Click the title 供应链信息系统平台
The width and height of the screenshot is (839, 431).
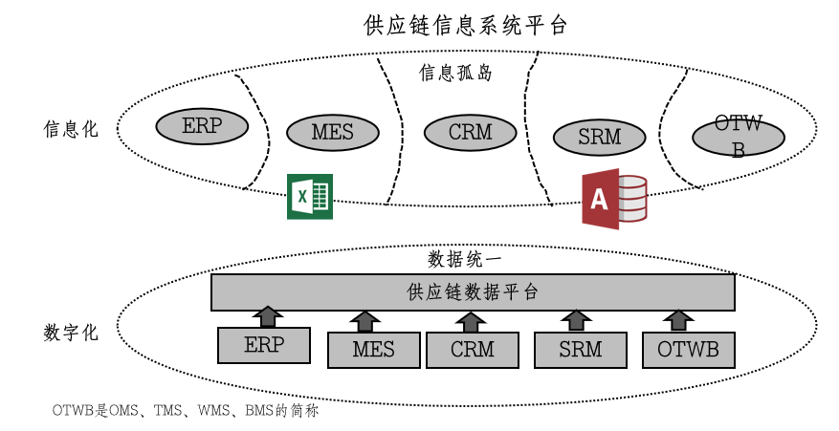(x=466, y=24)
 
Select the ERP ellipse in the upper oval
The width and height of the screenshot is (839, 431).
(x=202, y=126)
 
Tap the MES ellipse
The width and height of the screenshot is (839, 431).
(x=332, y=132)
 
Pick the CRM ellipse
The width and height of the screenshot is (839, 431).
(x=470, y=132)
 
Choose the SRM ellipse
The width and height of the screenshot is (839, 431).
(x=599, y=137)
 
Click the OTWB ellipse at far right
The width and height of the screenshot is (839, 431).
(x=739, y=138)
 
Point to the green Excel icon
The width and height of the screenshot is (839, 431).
(x=310, y=197)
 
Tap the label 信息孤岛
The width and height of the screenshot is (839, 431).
(x=456, y=73)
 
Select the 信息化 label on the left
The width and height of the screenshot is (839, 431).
(x=71, y=129)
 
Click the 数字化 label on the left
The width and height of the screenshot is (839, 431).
(x=71, y=333)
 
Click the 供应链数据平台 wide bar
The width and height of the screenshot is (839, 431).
(x=473, y=291)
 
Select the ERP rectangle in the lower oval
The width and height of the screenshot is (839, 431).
(x=264, y=345)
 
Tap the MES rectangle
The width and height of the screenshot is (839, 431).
(x=373, y=350)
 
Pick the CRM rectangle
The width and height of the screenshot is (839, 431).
(x=473, y=350)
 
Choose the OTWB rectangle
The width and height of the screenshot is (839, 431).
(x=688, y=350)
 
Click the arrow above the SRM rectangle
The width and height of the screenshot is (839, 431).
(x=577, y=320)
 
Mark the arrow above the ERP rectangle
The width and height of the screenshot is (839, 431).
(x=270, y=316)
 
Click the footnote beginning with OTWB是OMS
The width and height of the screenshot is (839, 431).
(x=185, y=412)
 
